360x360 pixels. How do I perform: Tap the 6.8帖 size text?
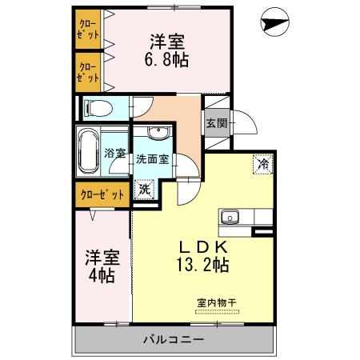coord(168,60)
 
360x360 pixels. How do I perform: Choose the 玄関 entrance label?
coord(215,123)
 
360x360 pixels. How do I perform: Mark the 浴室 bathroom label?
coord(115,152)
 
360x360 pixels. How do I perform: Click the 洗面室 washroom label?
coord(152,158)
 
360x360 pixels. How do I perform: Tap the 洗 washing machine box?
coord(144,190)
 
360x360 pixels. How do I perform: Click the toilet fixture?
coord(96,106)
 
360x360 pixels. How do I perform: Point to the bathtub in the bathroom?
coord(87,150)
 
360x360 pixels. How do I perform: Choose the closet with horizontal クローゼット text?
coord(102,194)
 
